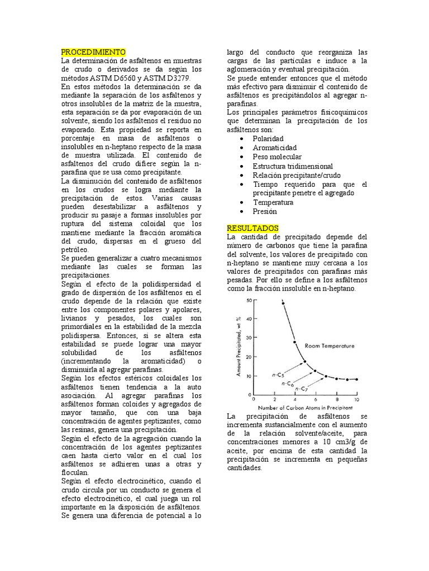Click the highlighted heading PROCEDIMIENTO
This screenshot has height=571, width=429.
(x=93, y=52)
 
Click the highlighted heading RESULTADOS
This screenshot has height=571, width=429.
(x=252, y=228)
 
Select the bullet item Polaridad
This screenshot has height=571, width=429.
(x=268, y=138)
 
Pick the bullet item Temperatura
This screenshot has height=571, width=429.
(x=273, y=202)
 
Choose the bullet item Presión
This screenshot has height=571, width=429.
(x=265, y=211)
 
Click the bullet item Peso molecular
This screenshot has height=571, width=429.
(x=277, y=157)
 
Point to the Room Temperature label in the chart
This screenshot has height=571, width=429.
(x=330, y=346)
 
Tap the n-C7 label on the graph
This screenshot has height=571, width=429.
(x=301, y=388)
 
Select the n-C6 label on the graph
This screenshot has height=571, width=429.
(x=289, y=383)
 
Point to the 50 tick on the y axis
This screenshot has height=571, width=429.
(x=249, y=300)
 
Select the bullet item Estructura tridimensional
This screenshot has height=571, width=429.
(x=293, y=166)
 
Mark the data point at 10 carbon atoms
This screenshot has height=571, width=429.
(x=356, y=379)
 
